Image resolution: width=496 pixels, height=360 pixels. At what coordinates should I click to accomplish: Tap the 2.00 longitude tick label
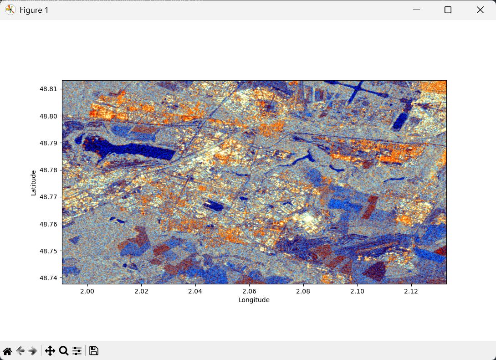[x=87, y=291]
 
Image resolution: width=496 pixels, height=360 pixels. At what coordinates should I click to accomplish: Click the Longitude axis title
[x=254, y=300]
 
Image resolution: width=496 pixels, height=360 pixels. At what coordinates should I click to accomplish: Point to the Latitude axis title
[x=33, y=182]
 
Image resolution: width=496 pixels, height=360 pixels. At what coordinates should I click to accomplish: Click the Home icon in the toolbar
[x=7, y=351]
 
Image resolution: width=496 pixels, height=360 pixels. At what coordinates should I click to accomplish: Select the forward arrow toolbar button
[x=32, y=351]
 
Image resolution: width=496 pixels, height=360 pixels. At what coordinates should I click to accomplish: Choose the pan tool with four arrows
[x=50, y=351]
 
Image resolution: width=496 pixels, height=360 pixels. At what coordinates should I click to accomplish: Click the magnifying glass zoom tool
[x=64, y=351]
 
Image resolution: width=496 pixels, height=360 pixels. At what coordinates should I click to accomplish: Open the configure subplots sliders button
[x=77, y=351]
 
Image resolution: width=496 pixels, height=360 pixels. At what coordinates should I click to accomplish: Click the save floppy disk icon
[x=94, y=351]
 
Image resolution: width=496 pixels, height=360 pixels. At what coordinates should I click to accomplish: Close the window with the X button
[x=480, y=10]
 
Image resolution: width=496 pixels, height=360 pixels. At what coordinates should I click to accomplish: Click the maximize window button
[x=448, y=10]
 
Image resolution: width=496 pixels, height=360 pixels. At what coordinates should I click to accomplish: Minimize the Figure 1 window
[x=416, y=10]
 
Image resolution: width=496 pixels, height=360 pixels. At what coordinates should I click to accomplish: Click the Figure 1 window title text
[x=34, y=10]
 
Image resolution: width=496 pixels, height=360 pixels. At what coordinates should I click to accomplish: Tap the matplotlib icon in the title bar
[x=10, y=10]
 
